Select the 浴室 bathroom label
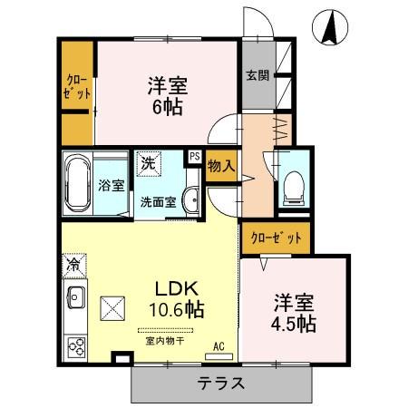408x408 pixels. click(x=110, y=184)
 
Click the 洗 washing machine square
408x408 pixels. click(x=147, y=165)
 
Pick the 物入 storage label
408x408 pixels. click(x=221, y=166)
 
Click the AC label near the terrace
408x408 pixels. click(x=218, y=345)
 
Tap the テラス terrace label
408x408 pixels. click(x=221, y=383)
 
